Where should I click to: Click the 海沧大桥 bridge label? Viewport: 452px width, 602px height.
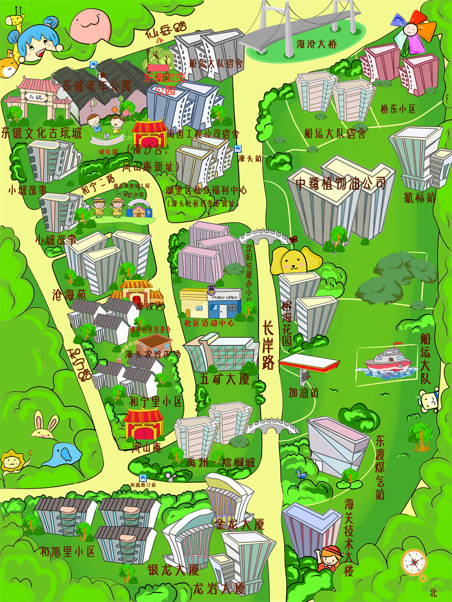(x=317, y=45)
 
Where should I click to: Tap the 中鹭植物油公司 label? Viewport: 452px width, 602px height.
(x=341, y=184)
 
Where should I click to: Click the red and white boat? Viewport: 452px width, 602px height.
(x=386, y=363)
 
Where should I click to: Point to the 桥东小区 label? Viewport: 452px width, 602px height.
(x=398, y=109)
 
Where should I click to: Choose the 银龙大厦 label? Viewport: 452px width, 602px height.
(x=173, y=570)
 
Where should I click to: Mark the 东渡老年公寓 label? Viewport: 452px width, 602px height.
(x=96, y=85)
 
